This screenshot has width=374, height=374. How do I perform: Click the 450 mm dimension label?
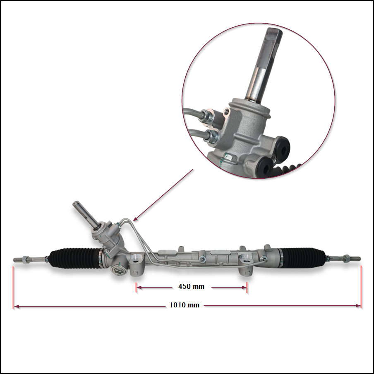(191, 286)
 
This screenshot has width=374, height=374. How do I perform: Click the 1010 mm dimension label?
(185, 305)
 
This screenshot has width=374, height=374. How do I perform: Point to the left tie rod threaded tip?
(18, 259)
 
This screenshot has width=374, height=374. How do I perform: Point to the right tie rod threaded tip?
(356, 259)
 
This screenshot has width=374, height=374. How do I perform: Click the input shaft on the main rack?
(85, 214)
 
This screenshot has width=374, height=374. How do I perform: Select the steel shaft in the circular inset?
(262, 65)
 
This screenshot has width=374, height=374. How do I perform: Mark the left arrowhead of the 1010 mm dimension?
(16, 306)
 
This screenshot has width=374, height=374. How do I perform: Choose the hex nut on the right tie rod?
(347, 258)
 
